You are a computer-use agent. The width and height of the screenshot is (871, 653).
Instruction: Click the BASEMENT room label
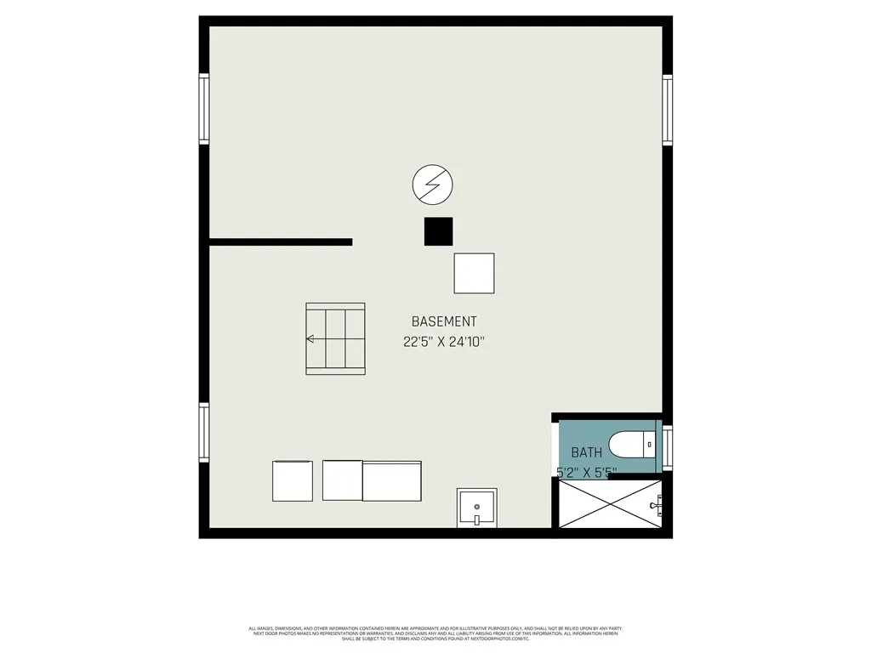coord(444,321)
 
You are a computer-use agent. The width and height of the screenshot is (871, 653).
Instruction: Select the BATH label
coord(586,452)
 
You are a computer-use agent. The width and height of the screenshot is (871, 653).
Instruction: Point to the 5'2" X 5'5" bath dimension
coord(586,470)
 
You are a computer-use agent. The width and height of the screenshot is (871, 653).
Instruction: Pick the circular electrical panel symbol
coord(432,185)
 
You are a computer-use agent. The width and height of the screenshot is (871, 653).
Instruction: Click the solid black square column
coord(439,231)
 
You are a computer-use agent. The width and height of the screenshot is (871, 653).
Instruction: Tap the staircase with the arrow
coord(336,338)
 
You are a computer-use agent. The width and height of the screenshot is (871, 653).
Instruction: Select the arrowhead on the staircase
coord(310,339)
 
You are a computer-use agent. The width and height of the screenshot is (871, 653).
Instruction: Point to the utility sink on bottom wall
coord(477,508)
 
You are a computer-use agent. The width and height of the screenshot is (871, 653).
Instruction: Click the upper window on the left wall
coord(204,108)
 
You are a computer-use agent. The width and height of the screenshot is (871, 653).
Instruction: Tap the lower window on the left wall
coord(204,433)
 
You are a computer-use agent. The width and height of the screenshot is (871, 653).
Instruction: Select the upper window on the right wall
coord(667,110)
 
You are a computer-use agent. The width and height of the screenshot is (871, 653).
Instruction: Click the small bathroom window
coord(668,448)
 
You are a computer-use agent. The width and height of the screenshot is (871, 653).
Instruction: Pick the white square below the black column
coord(474,273)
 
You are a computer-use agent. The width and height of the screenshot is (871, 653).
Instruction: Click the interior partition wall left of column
coord(281,242)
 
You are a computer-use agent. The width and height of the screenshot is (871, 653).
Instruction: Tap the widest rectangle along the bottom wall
coord(392,481)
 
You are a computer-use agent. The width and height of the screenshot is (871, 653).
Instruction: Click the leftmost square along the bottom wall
coord(293,481)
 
